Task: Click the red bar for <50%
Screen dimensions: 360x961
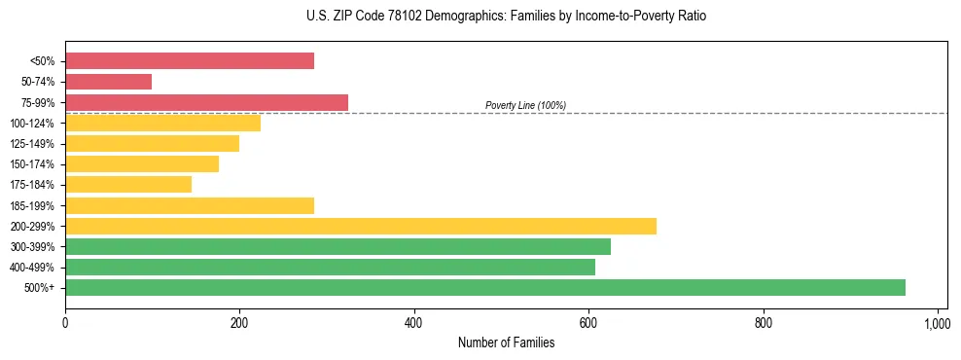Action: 190,60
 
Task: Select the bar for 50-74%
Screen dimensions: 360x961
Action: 108,82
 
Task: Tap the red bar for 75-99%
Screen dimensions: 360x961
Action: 206,102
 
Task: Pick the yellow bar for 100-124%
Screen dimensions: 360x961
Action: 162,123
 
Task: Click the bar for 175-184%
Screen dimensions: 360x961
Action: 128,184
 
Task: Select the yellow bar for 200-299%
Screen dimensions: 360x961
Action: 361,226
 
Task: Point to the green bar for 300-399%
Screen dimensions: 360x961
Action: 338,246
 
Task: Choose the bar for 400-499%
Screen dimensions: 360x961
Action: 330,267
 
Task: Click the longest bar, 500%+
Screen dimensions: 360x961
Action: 485,287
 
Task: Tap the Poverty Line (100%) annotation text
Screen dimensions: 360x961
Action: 525,105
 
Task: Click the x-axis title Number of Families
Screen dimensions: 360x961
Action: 506,342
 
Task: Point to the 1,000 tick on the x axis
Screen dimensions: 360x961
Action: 937,321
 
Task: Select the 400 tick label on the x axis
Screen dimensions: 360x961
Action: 414,321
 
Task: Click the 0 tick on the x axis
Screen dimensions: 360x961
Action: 65,321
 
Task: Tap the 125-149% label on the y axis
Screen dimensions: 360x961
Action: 32,144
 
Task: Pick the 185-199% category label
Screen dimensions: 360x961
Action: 32,205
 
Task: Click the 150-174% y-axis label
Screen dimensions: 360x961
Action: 32,164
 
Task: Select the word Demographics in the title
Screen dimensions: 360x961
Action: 423,17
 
